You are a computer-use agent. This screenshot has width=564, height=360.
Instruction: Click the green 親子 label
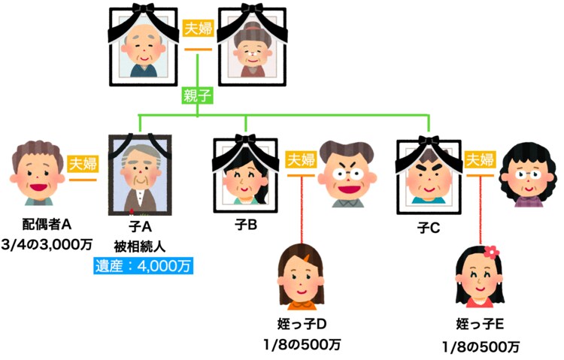tap(197, 95)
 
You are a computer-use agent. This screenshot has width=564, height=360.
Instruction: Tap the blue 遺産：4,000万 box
tap(143, 265)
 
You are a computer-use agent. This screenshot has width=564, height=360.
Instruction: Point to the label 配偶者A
tap(47, 223)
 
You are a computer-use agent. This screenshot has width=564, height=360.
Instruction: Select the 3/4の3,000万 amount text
tap(47, 242)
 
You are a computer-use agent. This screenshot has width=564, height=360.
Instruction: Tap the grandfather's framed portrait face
tap(147, 49)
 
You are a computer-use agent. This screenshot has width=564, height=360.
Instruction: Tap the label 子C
tap(428, 228)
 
